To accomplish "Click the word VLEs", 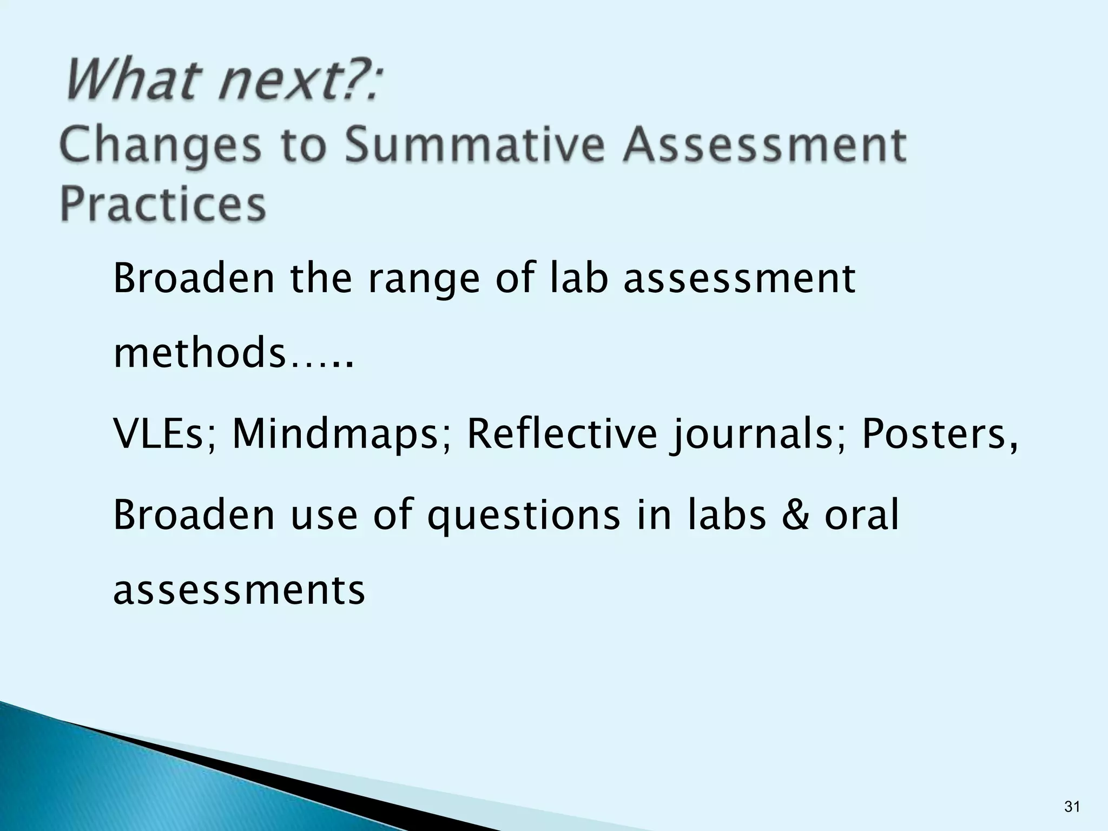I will [165, 434].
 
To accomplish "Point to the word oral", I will [862, 515].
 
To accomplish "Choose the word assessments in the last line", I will [239, 590].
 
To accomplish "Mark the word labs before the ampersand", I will [727, 515].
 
